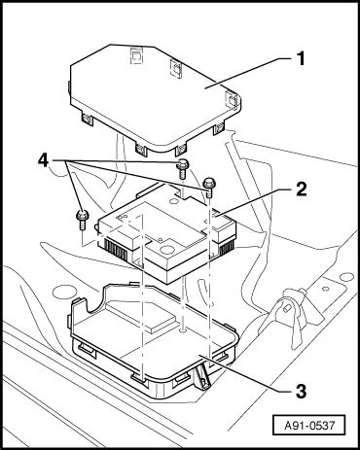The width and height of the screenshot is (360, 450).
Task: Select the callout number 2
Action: (302, 189)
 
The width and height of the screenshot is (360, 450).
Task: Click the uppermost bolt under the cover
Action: (182, 167)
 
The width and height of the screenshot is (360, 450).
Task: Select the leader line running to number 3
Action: (253, 374)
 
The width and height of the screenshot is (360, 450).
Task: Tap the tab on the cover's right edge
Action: (232, 101)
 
